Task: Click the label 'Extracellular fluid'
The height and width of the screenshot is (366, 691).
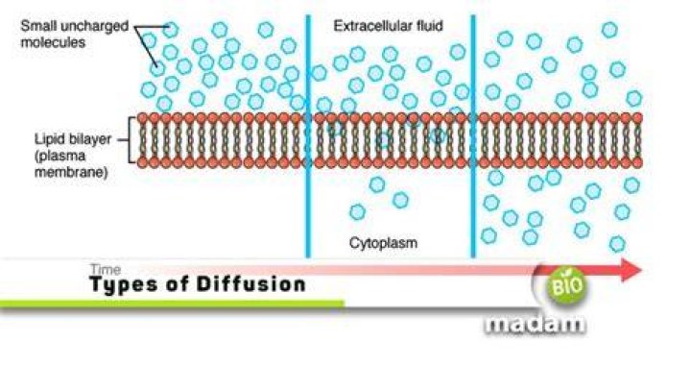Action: tap(388, 26)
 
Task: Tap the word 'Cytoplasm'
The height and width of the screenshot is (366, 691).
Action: tap(383, 243)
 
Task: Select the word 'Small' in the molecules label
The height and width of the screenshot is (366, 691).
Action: tap(38, 26)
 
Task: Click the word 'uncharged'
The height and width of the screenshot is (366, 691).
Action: tap(94, 27)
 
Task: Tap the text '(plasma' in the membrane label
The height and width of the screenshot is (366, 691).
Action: tap(60, 156)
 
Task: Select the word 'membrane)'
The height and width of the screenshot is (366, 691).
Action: tap(71, 172)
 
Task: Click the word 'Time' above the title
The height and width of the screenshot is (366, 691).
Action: tap(105, 269)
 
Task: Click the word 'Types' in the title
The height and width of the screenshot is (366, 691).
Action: tap(124, 285)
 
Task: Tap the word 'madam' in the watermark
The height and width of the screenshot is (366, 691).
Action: tap(535, 324)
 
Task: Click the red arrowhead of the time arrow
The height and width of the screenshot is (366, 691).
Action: tap(631, 270)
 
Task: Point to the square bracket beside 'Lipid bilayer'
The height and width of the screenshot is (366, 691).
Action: tap(131, 140)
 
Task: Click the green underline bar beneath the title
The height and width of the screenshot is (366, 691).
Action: tap(172, 304)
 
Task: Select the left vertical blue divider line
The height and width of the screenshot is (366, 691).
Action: tap(308, 136)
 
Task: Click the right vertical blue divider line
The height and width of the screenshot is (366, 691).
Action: tap(473, 136)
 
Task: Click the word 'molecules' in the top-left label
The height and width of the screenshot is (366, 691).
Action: tap(53, 42)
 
